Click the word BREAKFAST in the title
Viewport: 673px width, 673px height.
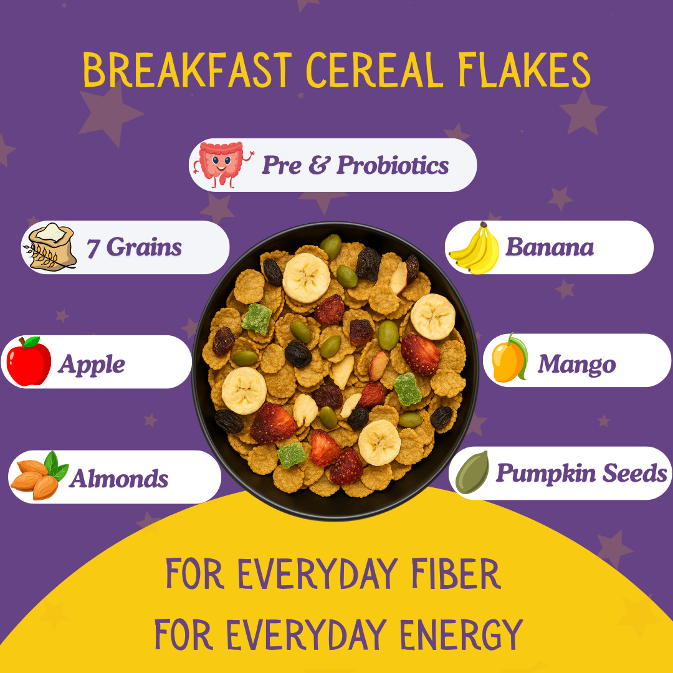tap(187, 70)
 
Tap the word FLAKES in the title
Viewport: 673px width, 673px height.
tap(525, 70)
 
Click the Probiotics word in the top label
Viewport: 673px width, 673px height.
tap(393, 165)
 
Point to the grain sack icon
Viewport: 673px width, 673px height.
tap(50, 247)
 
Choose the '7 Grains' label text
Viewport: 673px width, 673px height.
tap(134, 247)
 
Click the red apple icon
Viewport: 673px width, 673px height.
tap(29, 361)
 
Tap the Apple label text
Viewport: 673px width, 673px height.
tap(92, 365)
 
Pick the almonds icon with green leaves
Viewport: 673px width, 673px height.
tap(39, 475)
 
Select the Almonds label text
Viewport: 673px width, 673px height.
tap(119, 478)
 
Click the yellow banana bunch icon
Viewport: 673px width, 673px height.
tap(475, 248)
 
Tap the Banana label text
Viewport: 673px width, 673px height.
tap(550, 247)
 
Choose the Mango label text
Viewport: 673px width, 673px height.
tap(577, 365)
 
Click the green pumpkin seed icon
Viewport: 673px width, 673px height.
tap(472, 472)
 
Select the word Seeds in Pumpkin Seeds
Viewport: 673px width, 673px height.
tap(635, 473)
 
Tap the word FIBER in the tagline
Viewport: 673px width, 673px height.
tap(456, 573)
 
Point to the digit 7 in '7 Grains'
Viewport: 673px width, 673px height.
tap(93, 248)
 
